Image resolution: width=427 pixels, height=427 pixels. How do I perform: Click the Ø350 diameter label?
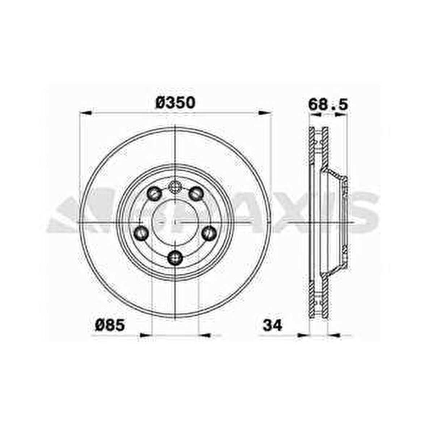[176, 103]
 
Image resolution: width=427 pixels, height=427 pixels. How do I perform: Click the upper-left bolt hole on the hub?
[155, 193]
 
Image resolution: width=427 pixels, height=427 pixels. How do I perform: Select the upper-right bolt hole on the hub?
[196, 193]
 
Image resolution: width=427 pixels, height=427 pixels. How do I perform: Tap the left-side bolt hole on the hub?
[141, 232]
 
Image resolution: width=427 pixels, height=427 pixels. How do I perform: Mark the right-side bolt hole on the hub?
[209, 232]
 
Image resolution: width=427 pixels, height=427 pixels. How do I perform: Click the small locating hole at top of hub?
[175, 186]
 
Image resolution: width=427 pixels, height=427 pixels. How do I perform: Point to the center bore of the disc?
[175, 221]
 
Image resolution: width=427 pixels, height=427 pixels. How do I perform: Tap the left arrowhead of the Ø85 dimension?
[145, 335]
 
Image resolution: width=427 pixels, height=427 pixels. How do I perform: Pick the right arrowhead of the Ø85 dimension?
[205, 335]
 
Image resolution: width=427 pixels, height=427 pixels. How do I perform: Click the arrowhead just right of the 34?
[303, 335]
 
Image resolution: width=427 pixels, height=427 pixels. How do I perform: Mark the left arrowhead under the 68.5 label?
[316, 114]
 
